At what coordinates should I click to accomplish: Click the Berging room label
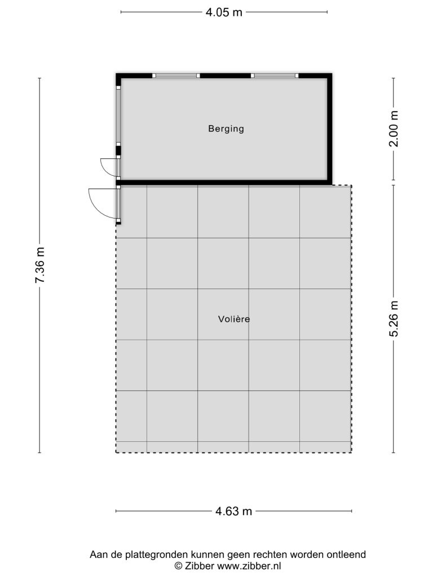point(226,129)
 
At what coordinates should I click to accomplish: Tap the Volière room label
point(234,319)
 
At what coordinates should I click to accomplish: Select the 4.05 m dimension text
point(224,12)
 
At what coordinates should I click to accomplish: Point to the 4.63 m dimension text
point(234,511)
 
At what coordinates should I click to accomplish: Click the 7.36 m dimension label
point(40,265)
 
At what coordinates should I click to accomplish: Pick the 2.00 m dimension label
point(394,129)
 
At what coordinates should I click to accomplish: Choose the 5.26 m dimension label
point(394,319)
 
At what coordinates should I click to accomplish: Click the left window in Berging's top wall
point(176,76)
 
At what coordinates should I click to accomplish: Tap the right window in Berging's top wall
point(275,76)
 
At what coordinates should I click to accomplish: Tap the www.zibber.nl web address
point(249,566)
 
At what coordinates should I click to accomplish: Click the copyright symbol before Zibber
point(178,566)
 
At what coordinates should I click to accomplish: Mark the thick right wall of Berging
point(330,129)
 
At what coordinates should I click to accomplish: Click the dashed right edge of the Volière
point(351,319)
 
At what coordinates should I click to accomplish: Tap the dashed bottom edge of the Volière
point(234,452)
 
